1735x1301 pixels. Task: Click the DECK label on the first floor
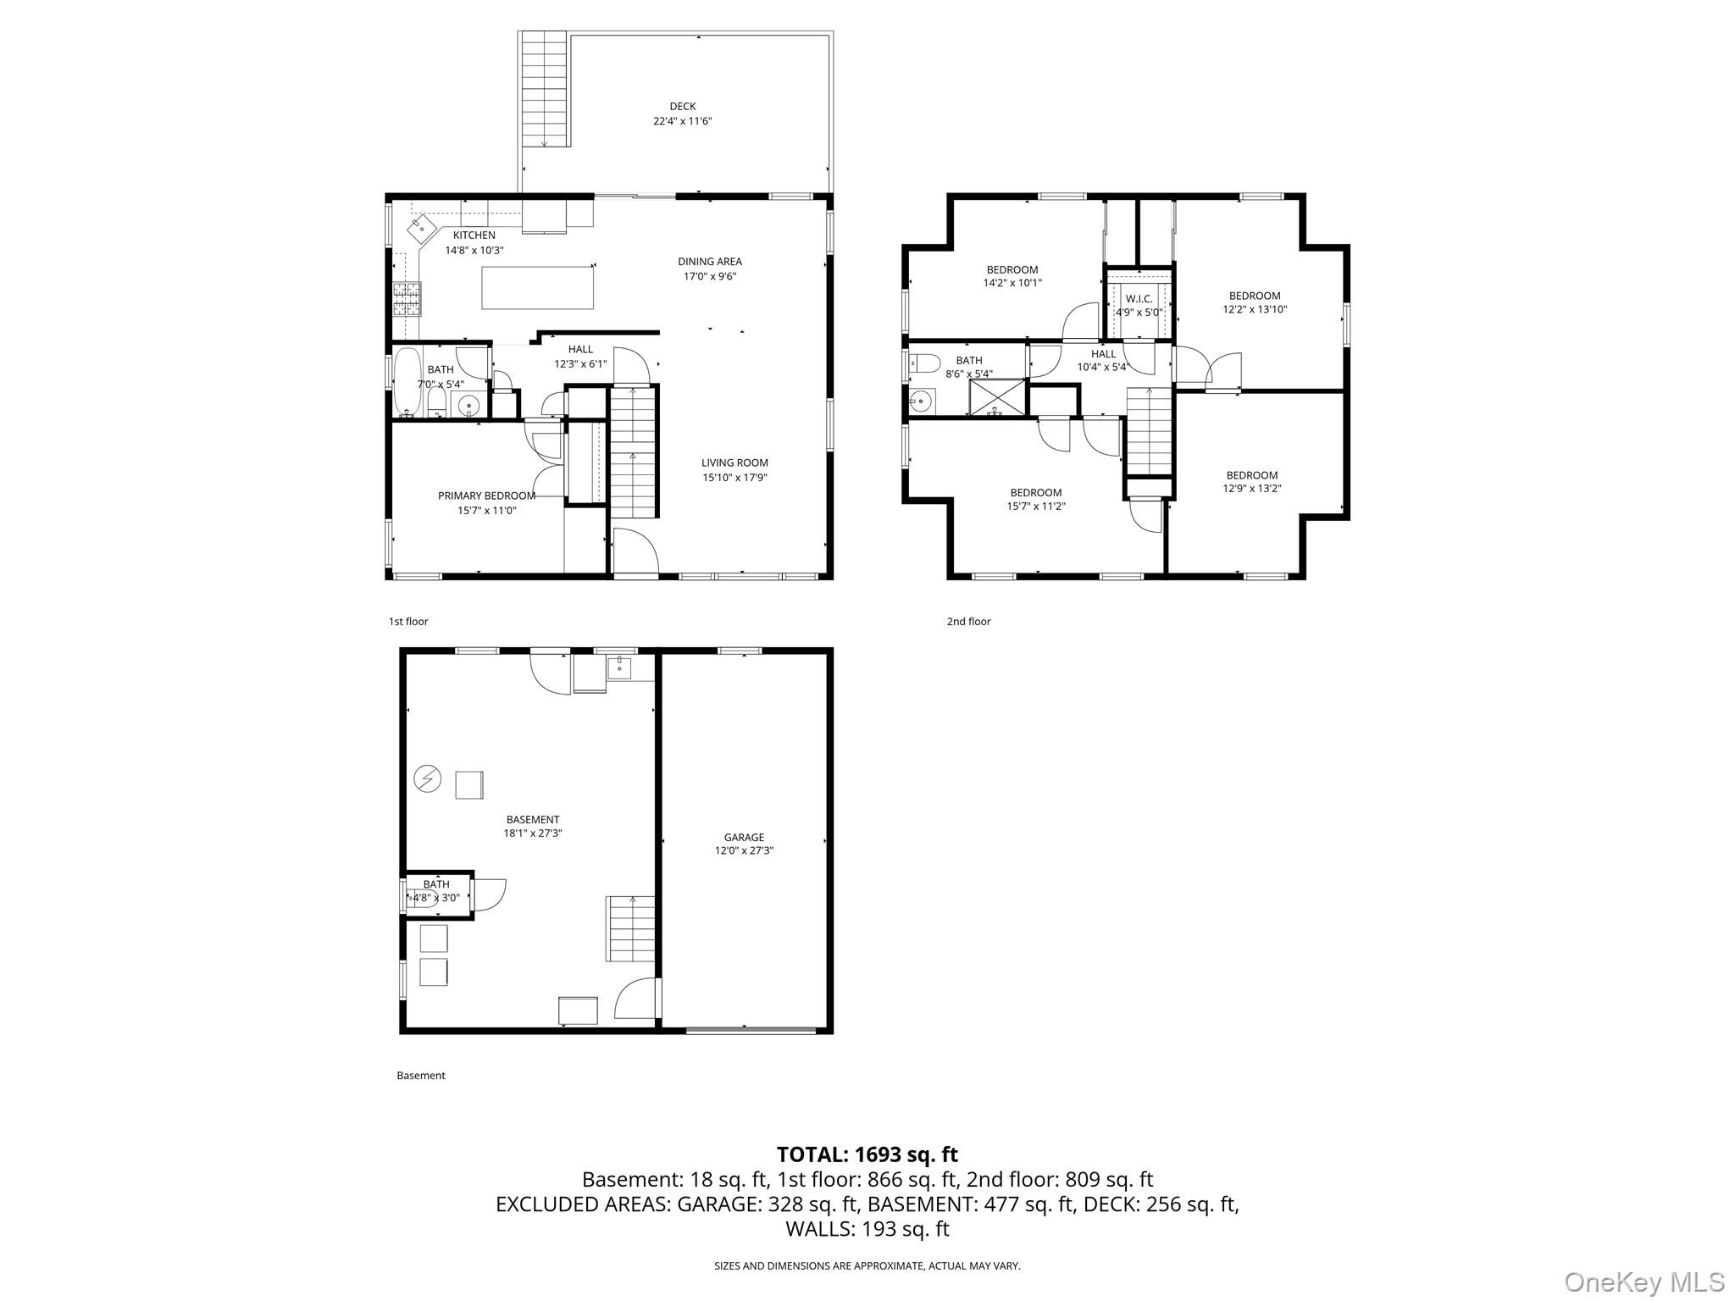682,107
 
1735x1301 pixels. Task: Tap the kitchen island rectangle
537,287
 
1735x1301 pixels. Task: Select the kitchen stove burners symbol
407,298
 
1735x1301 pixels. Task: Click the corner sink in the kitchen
422,227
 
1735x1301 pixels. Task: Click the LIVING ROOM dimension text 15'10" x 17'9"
734,478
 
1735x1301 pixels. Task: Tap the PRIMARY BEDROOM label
486,495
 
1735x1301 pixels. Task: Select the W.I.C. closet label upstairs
1139,299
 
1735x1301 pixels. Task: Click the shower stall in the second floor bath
997,398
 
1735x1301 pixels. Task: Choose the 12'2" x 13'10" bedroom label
1255,309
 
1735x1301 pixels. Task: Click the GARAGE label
744,837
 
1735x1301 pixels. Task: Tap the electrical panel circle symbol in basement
428,778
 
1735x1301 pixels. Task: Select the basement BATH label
436,884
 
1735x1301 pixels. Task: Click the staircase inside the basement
630,928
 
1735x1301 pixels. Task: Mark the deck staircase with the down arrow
543,89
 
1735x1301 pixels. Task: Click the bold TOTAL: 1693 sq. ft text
867,1154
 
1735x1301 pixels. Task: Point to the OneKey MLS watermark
1644,1282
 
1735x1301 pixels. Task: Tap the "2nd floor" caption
968,622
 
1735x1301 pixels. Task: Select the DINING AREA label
709,262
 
